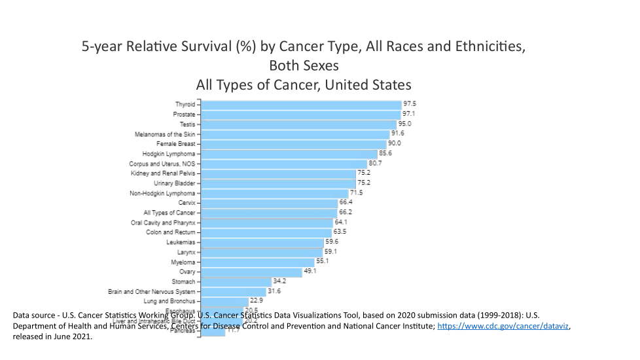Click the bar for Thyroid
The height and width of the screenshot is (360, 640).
tap(301, 105)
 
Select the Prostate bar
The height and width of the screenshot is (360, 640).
tap(300, 115)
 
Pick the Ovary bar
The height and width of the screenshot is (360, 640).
tap(251, 272)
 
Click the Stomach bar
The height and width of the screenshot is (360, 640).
tap(236, 281)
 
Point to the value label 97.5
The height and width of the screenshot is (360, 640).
tap(410, 104)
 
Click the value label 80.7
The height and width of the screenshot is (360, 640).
tap(375, 163)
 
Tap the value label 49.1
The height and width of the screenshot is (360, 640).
tap(310, 271)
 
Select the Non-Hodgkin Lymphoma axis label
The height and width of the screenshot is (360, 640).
tap(162, 194)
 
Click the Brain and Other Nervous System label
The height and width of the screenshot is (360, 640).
tap(151, 291)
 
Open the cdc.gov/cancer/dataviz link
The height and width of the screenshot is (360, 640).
tap(503, 326)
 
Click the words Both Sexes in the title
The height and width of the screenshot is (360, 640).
tap(304, 66)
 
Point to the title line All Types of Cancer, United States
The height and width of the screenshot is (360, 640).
tap(304, 85)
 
